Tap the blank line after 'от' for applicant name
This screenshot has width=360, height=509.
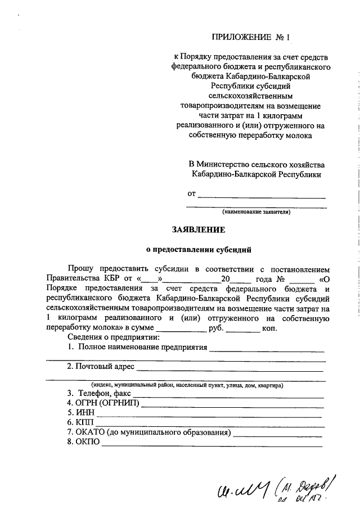click(x=262, y=196)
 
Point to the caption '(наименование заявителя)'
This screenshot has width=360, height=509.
click(x=256, y=213)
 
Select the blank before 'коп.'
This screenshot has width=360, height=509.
click(x=242, y=328)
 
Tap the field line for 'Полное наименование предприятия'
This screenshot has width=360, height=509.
click(x=267, y=350)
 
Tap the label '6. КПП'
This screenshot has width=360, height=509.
click(x=80, y=422)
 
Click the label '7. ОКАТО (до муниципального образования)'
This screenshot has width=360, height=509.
click(x=148, y=432)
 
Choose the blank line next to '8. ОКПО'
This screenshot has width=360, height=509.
click(x=211, y=444)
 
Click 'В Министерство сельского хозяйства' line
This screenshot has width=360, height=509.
click(x=256, y=164)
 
